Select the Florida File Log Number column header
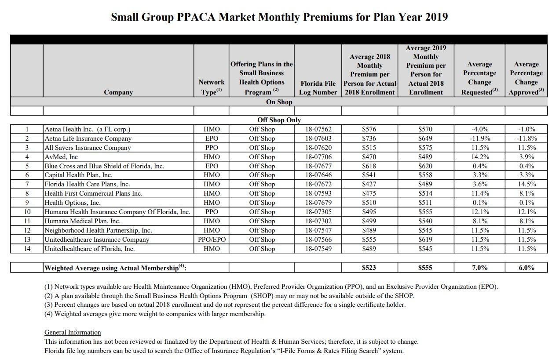click(x=318, y=87)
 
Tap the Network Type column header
click(x=211, y=87)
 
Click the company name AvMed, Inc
click(x=61, y=157)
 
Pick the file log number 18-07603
click(x=318, y=138)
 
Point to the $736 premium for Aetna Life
click(x=369, y=138)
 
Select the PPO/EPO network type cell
click(x=211, y=240)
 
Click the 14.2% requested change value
click(x=479, y=157)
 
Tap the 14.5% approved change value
click(x=526, y=184)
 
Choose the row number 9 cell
click(x=27, y=203)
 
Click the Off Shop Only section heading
click(x=279, y=120)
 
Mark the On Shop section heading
click(x=279, y=102)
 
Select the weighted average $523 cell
click(x=369, y=267)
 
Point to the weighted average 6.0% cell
click(x=526, y=267)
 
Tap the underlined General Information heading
click(x=73, y=332)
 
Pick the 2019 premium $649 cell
click(x=425, y=138)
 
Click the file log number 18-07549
click(x=318, y=249)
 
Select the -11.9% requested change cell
click(x=479, y=138)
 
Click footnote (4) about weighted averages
click(x=155, y=314)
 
